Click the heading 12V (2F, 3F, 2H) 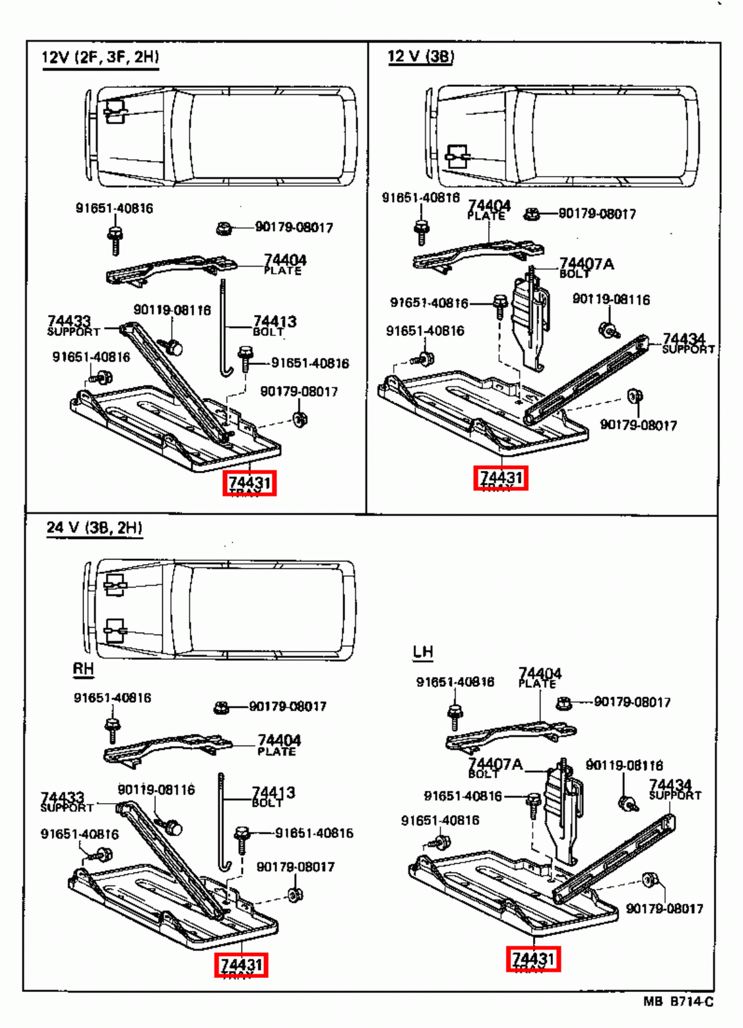click(x=100, y=57)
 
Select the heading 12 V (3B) click(x=421, y=57)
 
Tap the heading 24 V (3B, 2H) click(x=94, y=527)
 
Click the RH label click(x=83, y=669)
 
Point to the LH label click(x=423, y=652)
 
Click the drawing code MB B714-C click(x=678, y=1002)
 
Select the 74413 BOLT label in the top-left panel click(x=274, y=326)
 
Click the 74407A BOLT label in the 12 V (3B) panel click(x=585, y=267)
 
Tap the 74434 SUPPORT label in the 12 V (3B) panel click(x=686, y=343)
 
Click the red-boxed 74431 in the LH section click(x=533, y=959)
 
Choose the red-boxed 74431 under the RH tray click(x=241, y=965)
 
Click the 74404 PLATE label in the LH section click(x=539, y=677)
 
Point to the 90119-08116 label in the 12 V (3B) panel click(x=611, y=299)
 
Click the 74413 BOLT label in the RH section click(x=272, y=797)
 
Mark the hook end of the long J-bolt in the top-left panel click(x=225, y=372)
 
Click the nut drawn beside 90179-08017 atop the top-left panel click(x=223, y=228)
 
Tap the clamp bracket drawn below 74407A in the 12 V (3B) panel click(x=530, y=321)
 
